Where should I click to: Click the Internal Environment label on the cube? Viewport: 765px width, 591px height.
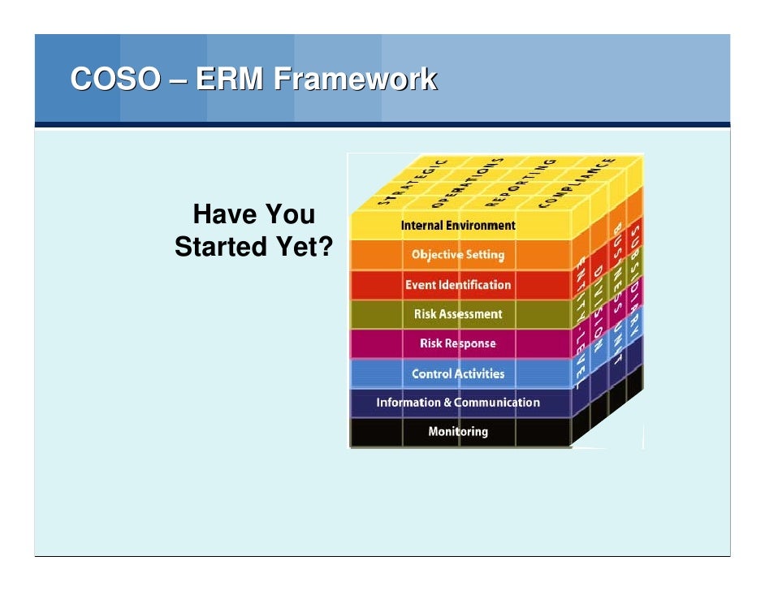pos(458,225)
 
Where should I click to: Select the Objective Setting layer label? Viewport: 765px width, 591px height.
pos(458,255)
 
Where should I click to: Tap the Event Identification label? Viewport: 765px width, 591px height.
pos(458,285)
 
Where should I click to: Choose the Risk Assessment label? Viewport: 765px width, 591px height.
pos(458,314)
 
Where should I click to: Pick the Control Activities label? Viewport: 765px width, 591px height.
pos(458,373)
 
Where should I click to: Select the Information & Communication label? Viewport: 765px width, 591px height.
pos(458,403)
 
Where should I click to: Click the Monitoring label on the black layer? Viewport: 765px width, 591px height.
pos(458,432)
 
